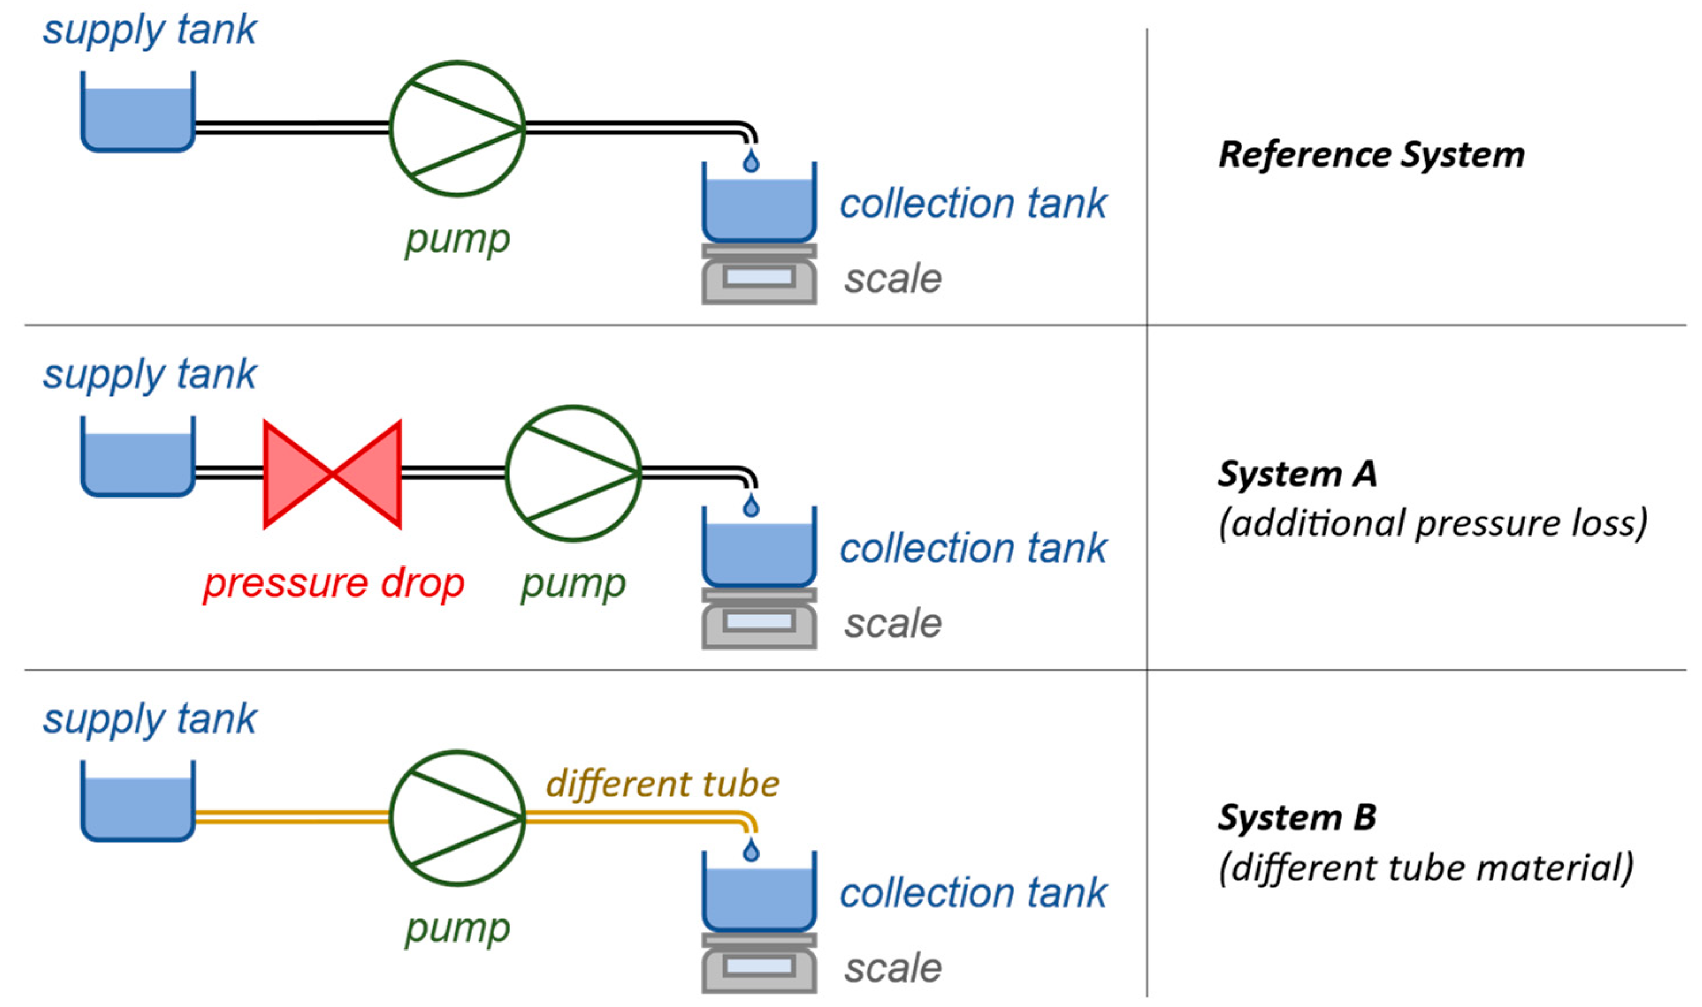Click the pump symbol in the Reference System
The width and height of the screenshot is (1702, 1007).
pos(457,129)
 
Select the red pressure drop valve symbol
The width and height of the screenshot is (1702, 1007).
pos(332,474)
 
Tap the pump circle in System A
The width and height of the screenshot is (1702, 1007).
pos(574,474)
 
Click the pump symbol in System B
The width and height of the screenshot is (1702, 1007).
pos(457,818)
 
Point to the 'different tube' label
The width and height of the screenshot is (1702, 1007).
pos(662,784)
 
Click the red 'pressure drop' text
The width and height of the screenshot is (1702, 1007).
pos(334,584)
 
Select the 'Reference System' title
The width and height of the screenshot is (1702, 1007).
pos(1371,155)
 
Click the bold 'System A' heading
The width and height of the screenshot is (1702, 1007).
pos(1297,474)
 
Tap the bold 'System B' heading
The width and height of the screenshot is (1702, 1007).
pos(1297,817)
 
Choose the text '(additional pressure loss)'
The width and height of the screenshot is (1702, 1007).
pos(1432,524)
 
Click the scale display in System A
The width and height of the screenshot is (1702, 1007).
pos(759,622)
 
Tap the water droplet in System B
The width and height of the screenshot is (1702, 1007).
pos(751,851)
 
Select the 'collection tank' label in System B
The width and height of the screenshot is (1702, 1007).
pos(973,893)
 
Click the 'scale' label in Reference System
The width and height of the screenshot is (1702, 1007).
pos(892,279)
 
